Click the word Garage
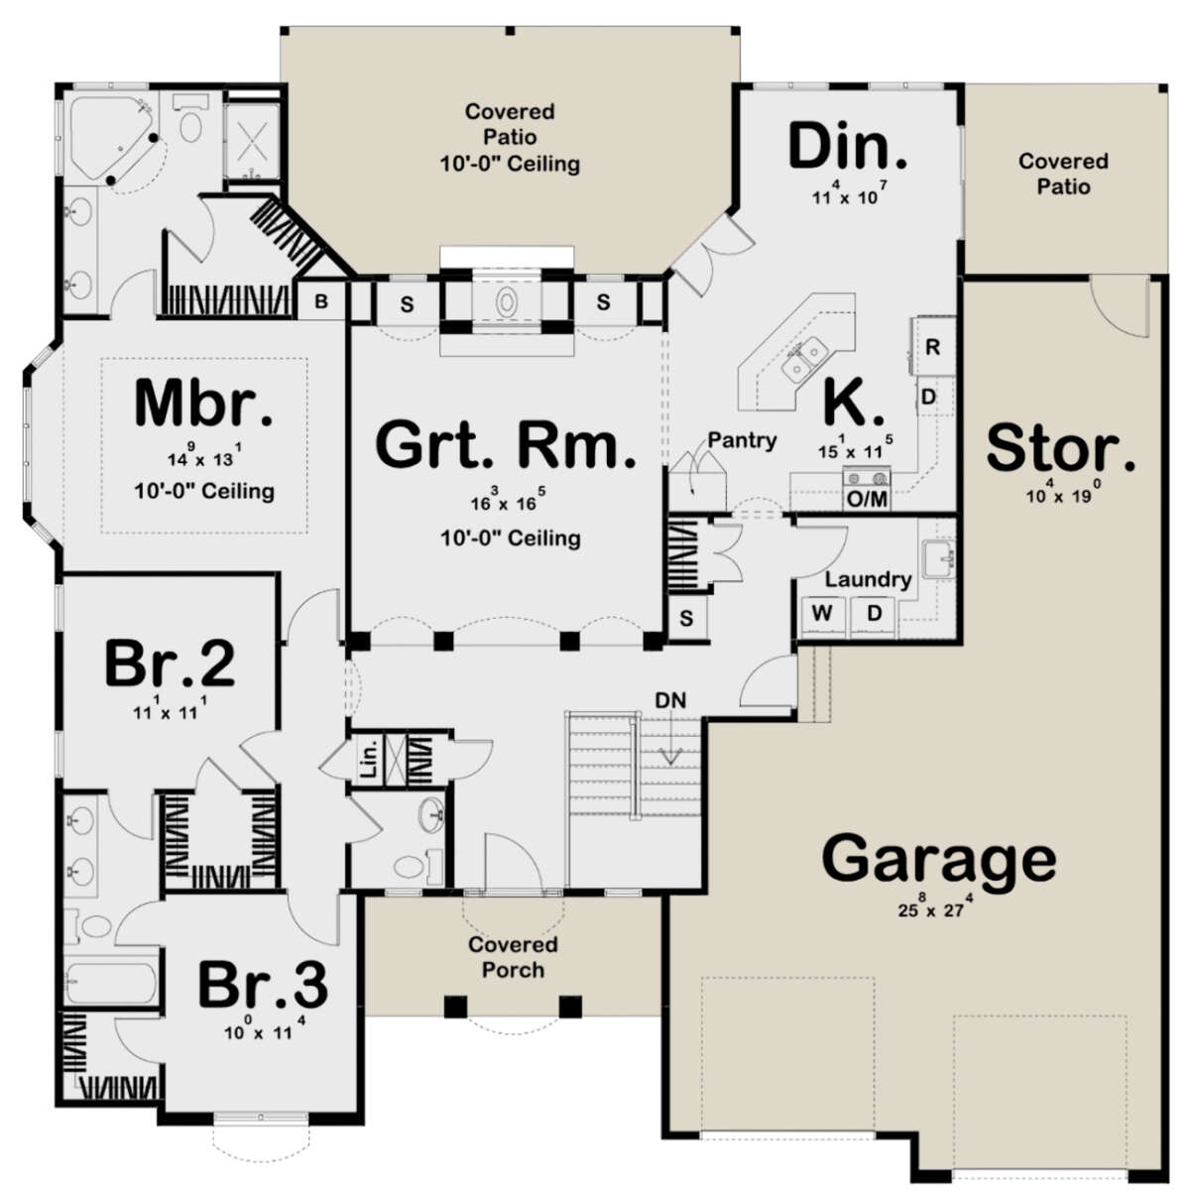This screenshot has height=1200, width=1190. (x=939, y=859)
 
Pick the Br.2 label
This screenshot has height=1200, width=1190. (x=170, y=663)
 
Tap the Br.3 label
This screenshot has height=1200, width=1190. (x=262, y=984)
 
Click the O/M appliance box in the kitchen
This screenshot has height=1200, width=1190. (x=866, y=499)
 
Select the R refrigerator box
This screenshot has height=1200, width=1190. (x=933, y=347)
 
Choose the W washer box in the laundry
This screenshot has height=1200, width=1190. (x=822, y=613)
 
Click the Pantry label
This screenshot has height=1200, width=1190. (x=742, y=439)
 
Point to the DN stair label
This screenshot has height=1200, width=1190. (x=669, y=700)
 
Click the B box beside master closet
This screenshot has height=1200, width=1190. (x=321, y=301)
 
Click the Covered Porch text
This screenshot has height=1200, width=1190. (x=513, y=956)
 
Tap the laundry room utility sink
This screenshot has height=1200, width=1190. (x=936, y=561)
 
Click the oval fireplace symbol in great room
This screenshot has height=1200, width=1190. (x=506, y=301)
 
